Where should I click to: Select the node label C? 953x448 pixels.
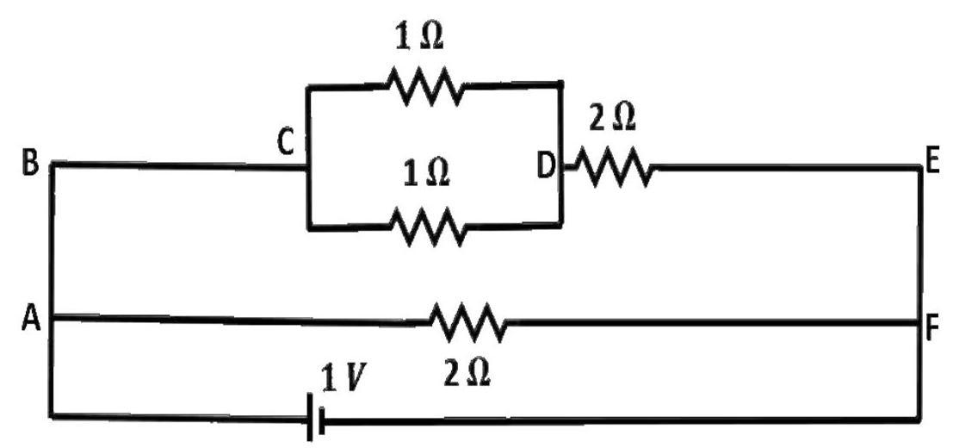click(286, 144)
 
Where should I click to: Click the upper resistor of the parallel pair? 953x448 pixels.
click(425, 85)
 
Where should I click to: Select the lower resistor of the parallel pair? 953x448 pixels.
click(429, 226)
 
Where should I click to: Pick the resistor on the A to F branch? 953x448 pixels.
click(467, 321)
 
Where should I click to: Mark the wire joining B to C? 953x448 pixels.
click(180, 165)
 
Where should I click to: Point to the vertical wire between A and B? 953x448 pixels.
click(53, 240)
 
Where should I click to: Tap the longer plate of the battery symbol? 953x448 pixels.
click(311, 416)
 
